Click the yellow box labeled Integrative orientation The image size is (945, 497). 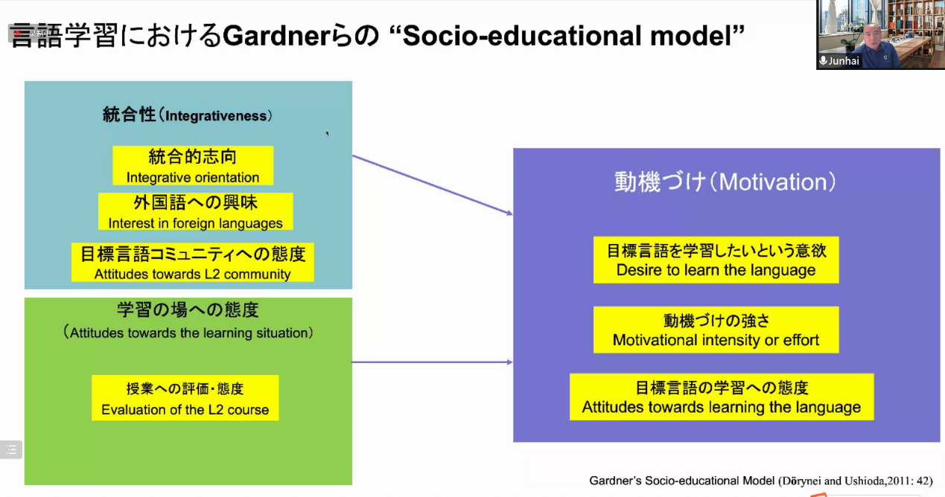click(x=193, y=166)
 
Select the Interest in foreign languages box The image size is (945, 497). click(x=195, y=211)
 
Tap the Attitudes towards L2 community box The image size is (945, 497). click(x=192, y=262)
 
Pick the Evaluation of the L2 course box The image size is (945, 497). click(x=185, y=398)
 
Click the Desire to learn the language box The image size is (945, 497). click(x=716, y=260)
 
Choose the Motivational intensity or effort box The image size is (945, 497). click(x=716, y=330)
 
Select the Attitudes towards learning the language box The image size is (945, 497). click(x=722, y=397)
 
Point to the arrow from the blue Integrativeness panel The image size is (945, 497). click(x=433, y=185)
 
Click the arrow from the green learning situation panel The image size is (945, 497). click(x=433, y=362)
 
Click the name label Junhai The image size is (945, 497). click(x=844, y=61)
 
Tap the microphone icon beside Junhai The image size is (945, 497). click(x=823, y=61)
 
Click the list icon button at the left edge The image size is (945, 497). click(x=11, y=450)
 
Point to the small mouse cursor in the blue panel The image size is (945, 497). click(x=327, y=134)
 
